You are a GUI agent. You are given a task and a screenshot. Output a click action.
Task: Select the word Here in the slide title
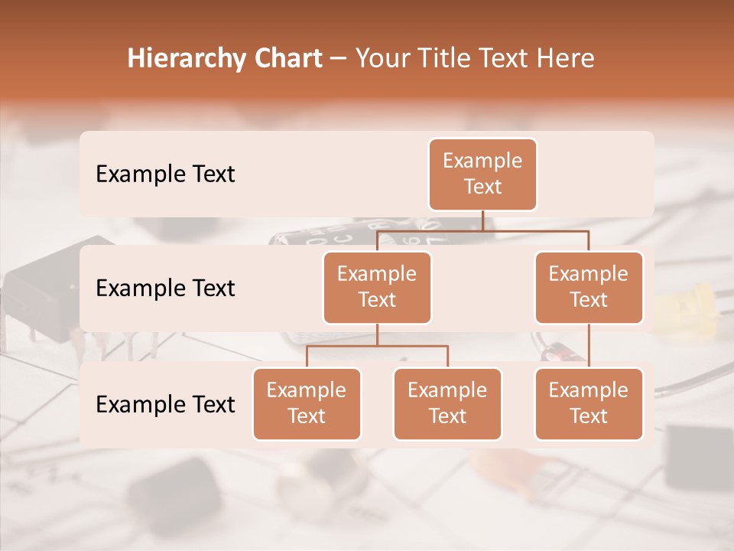pyautogui.click(x=563, y=59)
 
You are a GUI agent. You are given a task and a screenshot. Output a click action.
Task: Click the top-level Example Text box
pyautogui.click(x=482, y=174)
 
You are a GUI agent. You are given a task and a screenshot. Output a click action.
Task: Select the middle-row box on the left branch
pyautogui.click(x=377, y=287)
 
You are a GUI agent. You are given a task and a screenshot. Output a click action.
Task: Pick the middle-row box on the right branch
pyautogui.click(x=589, y=287)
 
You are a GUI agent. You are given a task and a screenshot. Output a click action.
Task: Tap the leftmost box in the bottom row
pyautogui.click(x=307, y=403)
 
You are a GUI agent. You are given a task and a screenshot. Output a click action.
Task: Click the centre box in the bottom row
pyautogui.click(x=447, y=403)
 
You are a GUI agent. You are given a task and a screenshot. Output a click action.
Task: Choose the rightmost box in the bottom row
pyautogui.click(x=589, y=403)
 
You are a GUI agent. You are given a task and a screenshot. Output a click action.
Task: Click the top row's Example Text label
pyautogui.click(x=165, y=174)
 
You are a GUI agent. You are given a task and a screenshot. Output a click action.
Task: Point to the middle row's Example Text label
pyautogui.click(x=165, y=289)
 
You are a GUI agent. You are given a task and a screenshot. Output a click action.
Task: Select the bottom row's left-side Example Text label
pyautogui.click(x=165, y=404)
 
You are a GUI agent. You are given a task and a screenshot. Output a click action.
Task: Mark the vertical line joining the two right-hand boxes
pyautogui.click(x=589, y=345)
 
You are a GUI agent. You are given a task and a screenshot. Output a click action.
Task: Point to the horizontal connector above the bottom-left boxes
pyautogui.click(x=377, y=346)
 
